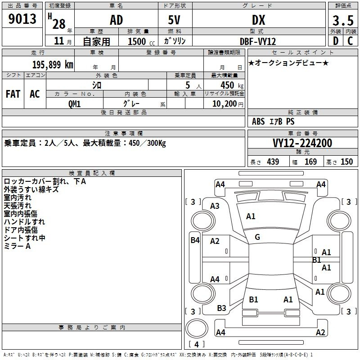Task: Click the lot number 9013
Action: [x=22, y=19]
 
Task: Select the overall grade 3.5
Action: [x=343, y=21]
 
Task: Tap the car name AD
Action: [x=117, y=20]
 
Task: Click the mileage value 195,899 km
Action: [x=53, y=65]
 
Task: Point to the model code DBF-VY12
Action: [x=258, y=41]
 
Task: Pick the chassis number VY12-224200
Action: [x=302, y=143]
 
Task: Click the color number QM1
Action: [x=74, y=104]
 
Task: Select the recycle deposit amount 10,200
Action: [x=224, y=104]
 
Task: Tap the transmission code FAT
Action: [x=13, y=94]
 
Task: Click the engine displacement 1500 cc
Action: [x=141, y=41]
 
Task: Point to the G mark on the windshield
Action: [x=257, y=237]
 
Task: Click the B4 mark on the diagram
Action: [x=195, y=240]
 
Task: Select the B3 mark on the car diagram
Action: [x=221, y=308]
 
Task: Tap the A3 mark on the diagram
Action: [x=215, y=206]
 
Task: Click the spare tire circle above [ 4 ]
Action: [x=197, y=328]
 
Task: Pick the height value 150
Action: [x=346, y=162]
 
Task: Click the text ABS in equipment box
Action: [x=258, y=121]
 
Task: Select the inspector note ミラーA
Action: [x=17, y=246]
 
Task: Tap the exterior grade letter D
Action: [x=336, y=41]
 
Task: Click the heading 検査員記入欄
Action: [x=92, y=173]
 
